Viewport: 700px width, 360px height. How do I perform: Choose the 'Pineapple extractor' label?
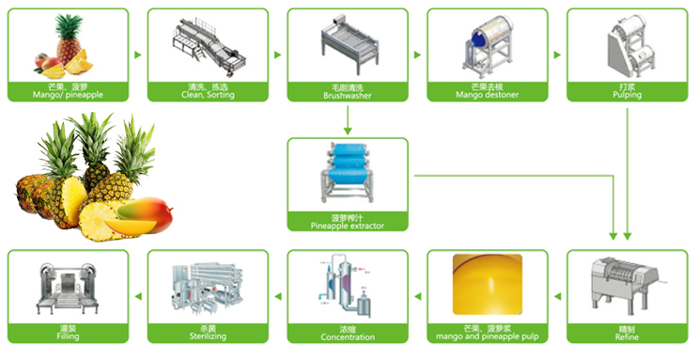[x=347, y=226]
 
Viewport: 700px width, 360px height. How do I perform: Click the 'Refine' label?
[x=627, y=337]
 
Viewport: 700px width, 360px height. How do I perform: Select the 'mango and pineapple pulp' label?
[x=486, y=337]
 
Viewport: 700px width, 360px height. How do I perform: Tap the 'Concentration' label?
[x=347, y=337]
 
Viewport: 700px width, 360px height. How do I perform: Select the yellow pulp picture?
[x=486, y=284]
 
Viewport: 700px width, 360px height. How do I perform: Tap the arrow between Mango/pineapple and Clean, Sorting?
[x=137, y=54]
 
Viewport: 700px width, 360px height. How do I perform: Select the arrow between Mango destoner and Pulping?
[x=557, y=54]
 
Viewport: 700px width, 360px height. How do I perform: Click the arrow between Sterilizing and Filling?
[x=137, y=296]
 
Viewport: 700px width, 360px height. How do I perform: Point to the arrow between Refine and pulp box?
[x=557, y=296]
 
